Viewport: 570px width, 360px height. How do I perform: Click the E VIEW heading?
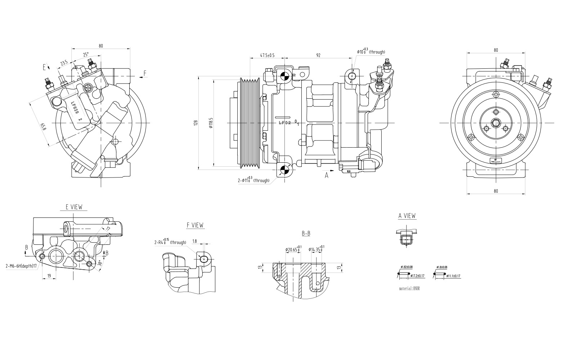tap(73, 207)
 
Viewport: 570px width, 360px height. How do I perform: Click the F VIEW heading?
tap(195, 225)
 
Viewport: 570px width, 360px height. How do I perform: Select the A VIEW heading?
tap(407, 216)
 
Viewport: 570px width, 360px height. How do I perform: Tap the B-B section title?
tap(306, 234)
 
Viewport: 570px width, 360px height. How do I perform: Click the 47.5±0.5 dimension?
tap(267, 55)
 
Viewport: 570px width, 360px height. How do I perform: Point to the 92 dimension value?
tap(318, 55)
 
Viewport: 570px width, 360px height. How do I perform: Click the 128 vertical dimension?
tap(196, 123)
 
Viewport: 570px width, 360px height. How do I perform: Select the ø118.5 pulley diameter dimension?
tap(211, 123)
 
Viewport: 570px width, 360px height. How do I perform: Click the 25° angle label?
tap(86, 55)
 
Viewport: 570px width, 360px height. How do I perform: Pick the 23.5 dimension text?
tap(64, 63)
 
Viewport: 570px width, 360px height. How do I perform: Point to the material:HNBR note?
tap(409, 289)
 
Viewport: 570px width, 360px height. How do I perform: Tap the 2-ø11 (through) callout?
tap(253, 180)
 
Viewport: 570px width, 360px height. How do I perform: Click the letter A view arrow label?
tap(327, 176)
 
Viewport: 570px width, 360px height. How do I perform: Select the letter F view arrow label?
tap(145, 73)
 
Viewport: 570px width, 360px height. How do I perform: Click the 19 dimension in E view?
tap(49, 276)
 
